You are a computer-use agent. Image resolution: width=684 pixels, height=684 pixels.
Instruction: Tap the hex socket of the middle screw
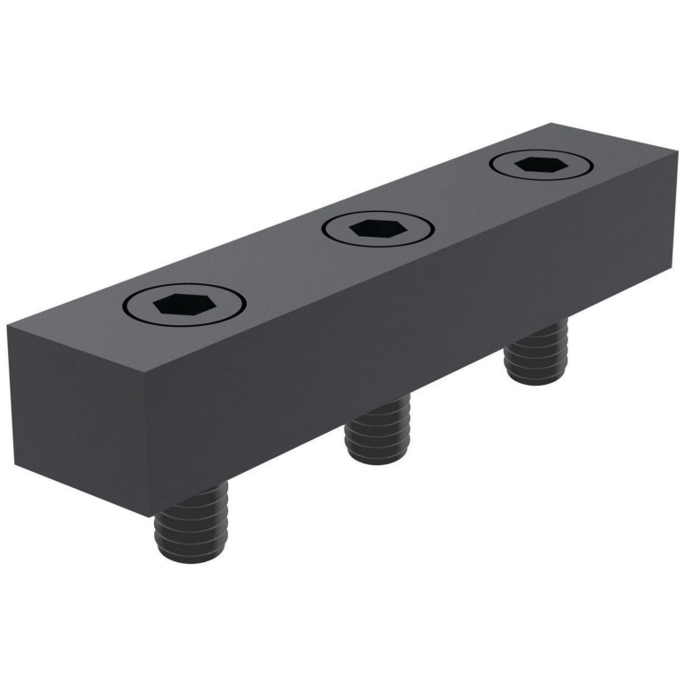coord(379,229)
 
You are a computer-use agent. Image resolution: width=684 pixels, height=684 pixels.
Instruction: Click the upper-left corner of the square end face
coord(8,328)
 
